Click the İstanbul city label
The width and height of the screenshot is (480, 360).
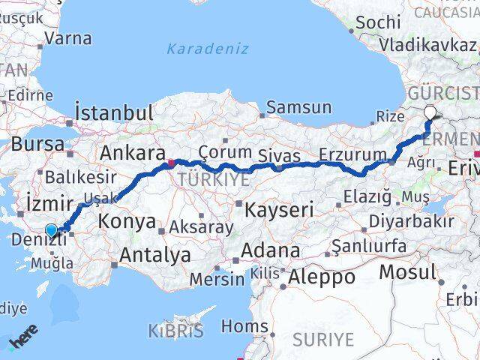(115, 113)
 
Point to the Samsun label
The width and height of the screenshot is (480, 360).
(298, 107)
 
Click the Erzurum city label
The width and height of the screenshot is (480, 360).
(352, 154)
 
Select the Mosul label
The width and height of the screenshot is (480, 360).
(408, 271)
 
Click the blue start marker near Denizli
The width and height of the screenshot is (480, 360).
(51, 230)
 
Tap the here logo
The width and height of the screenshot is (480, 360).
(23, 341)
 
